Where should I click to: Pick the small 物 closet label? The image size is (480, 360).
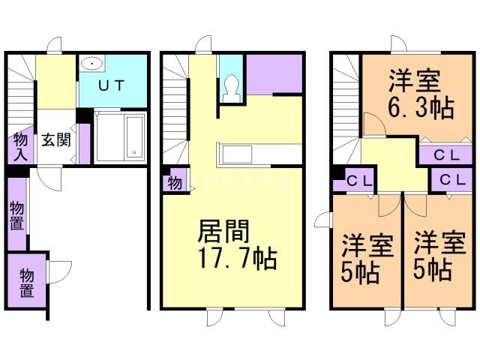[174, 181]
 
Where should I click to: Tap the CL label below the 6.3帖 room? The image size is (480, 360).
[435, 155]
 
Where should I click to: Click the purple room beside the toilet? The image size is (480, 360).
[274, 73]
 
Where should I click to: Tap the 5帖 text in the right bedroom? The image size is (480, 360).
[433, 268]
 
